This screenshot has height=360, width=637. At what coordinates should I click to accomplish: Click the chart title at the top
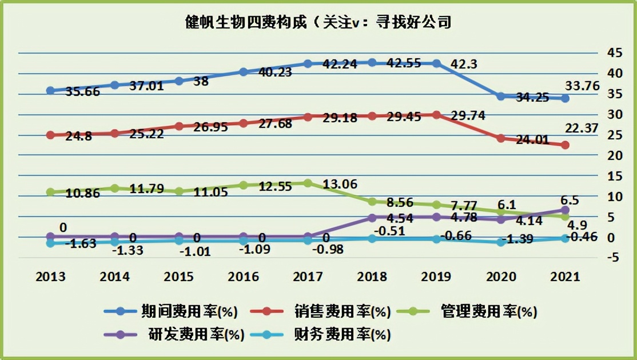point(318,22)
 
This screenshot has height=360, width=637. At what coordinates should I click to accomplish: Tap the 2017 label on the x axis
point(307,277)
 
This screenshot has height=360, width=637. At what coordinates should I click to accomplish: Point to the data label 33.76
point(581,86)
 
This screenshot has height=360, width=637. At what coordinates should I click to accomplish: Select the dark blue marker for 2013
point(50,90)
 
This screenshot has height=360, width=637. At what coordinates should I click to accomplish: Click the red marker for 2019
point(436,115)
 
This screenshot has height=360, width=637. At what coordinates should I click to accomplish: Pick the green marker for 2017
point(308,183)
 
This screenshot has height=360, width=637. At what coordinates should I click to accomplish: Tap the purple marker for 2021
point(565,210)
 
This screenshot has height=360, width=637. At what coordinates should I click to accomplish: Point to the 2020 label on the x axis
point(501,277)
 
